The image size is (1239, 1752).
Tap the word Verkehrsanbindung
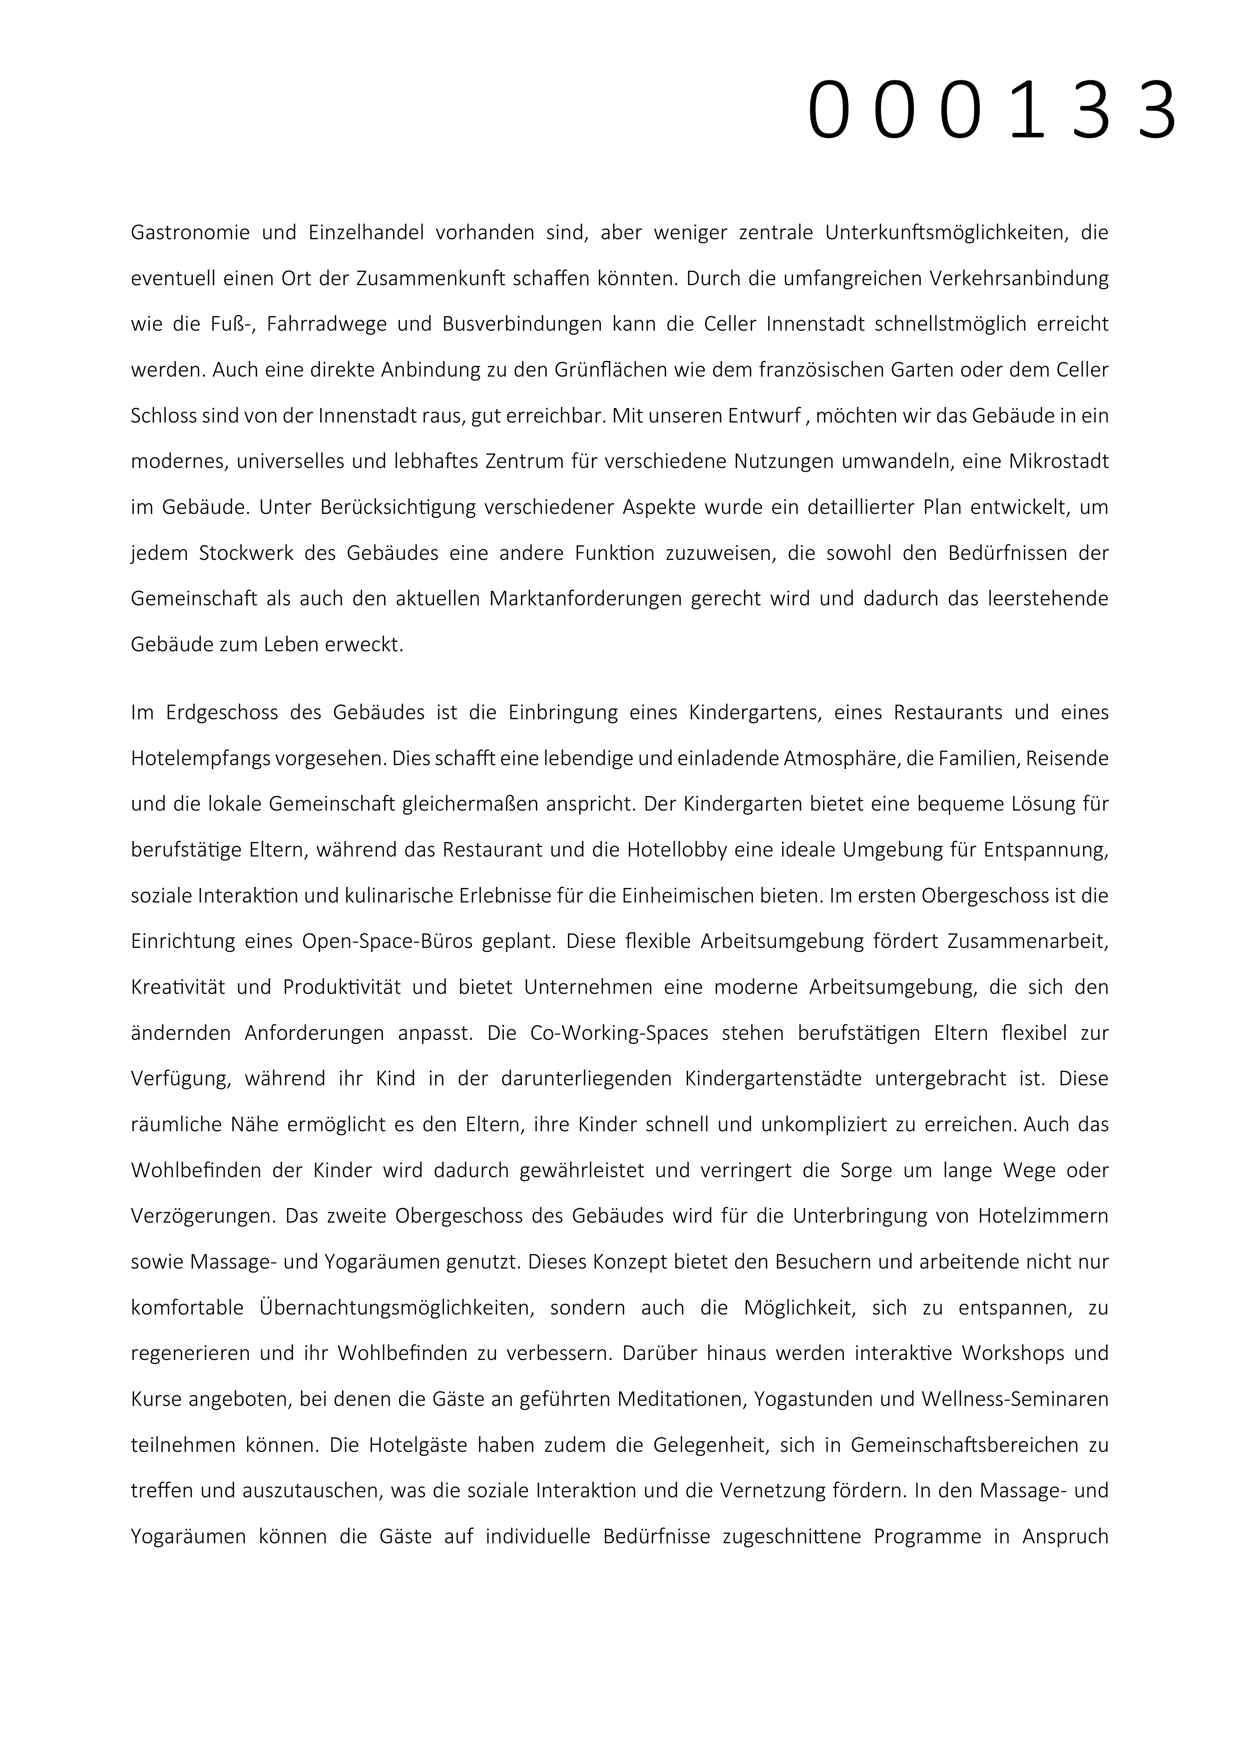[1018, 279]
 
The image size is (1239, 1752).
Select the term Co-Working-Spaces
[619, 1034]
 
